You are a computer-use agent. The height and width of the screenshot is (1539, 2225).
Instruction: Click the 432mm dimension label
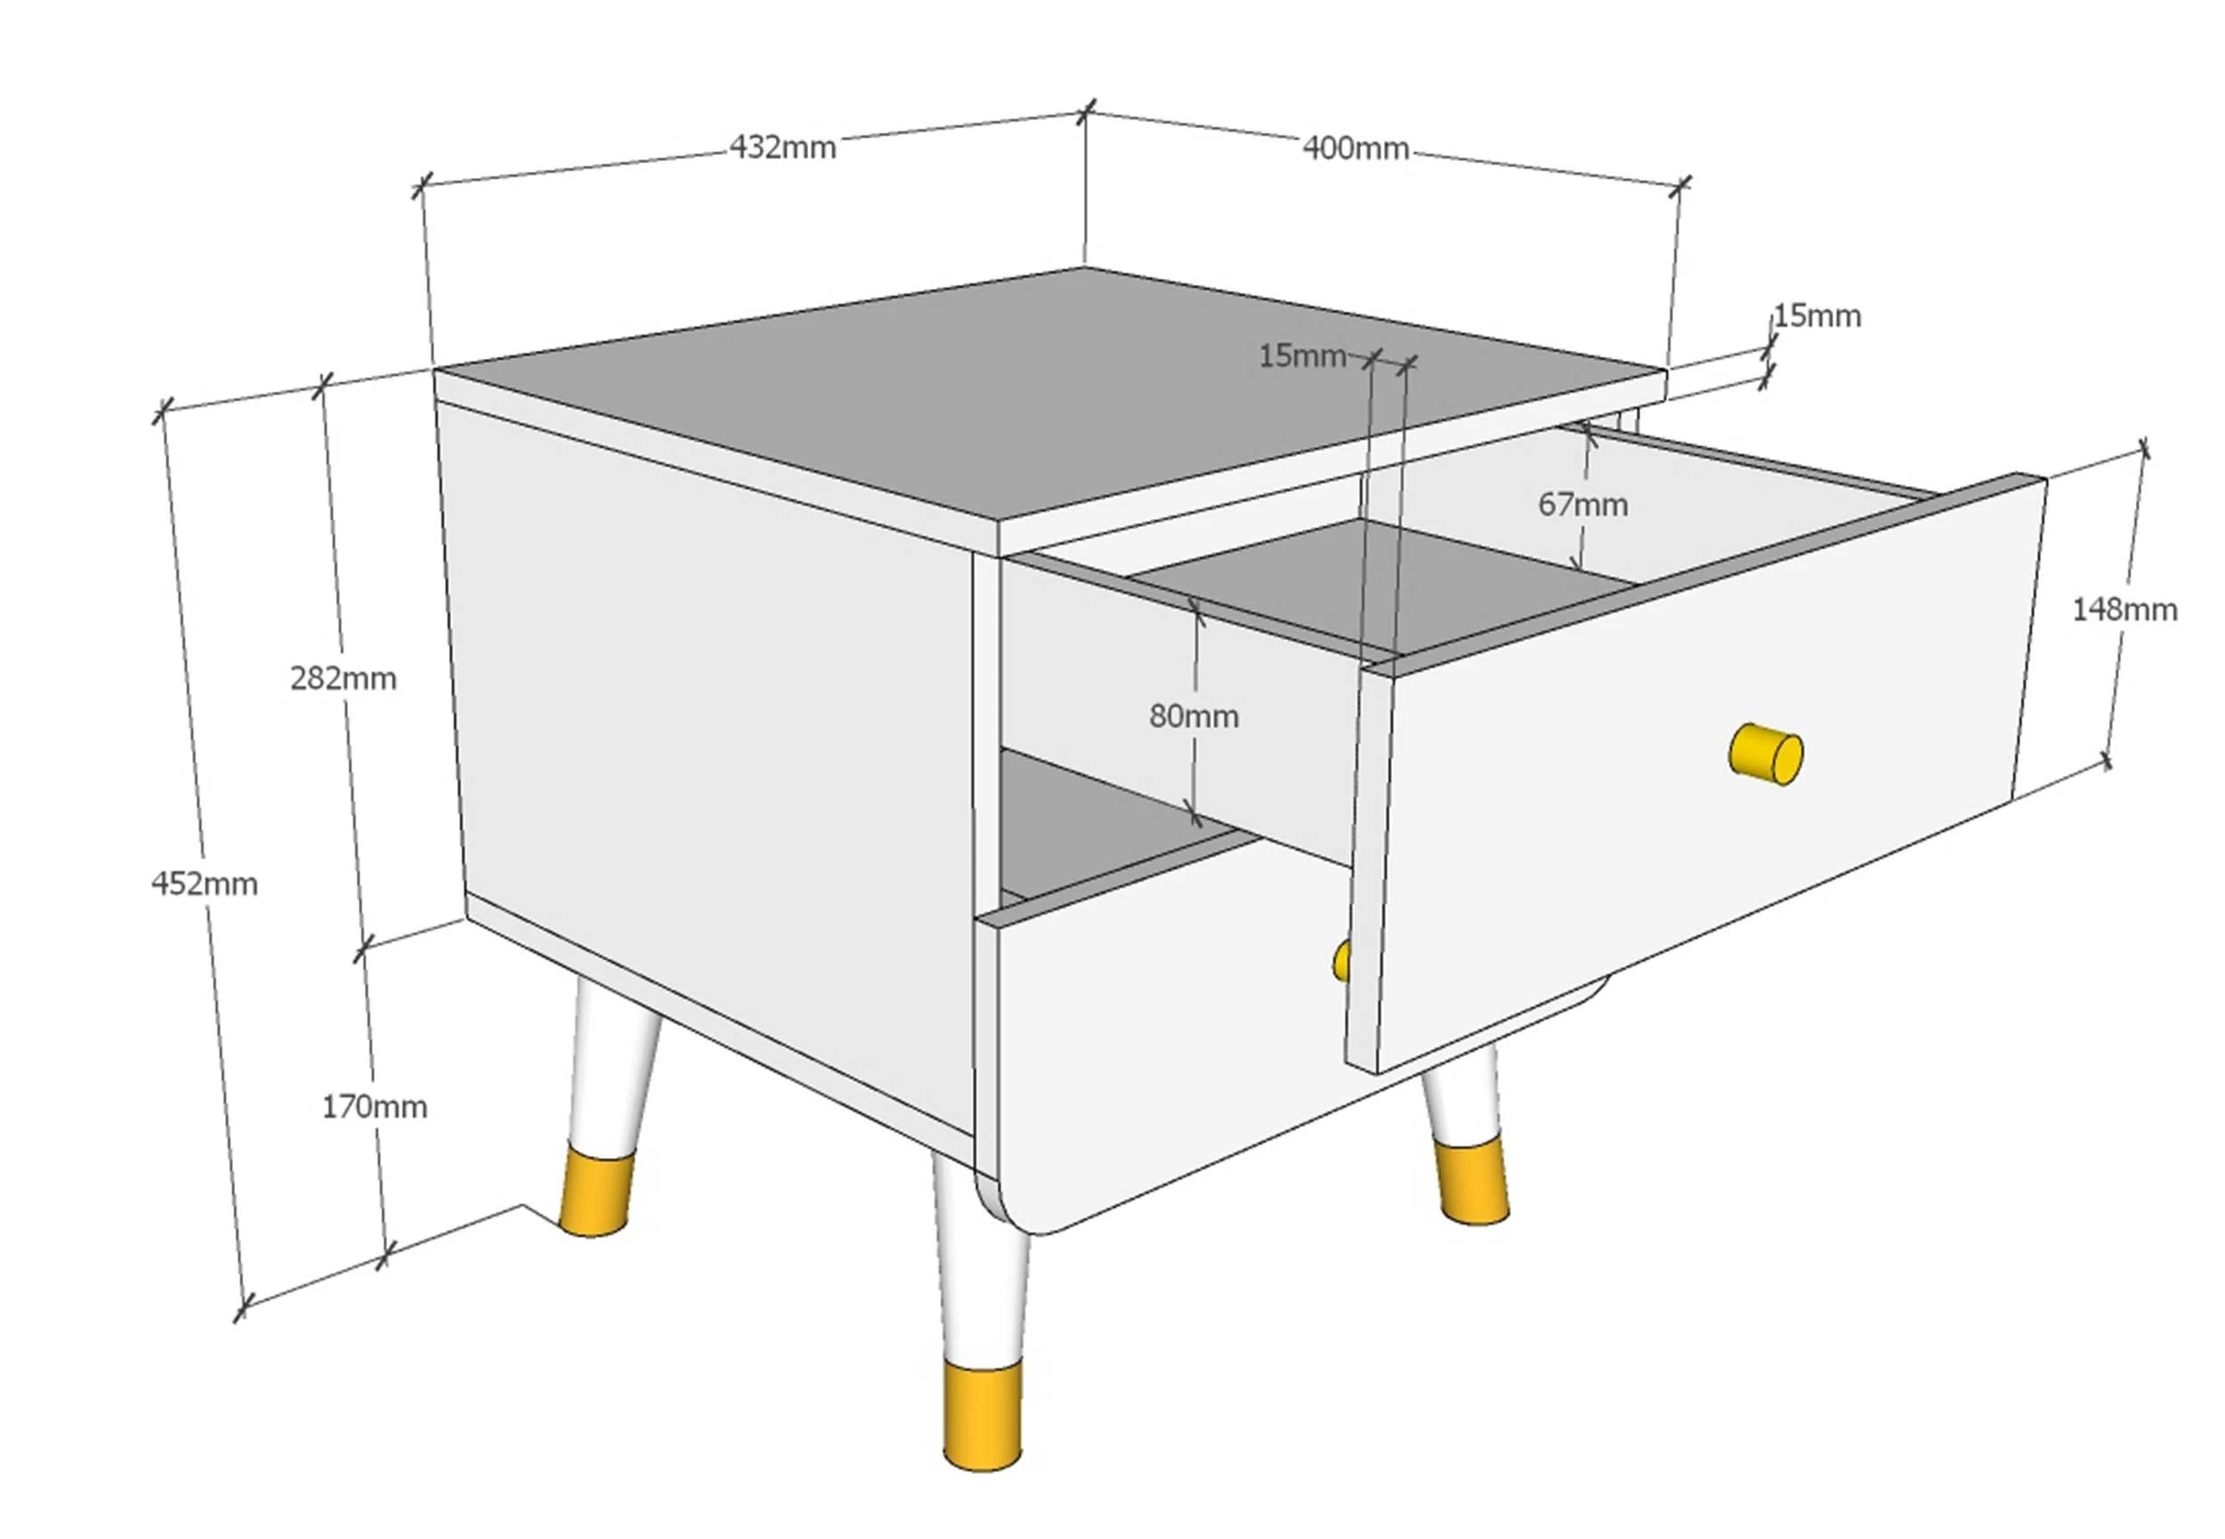tap(783, 148)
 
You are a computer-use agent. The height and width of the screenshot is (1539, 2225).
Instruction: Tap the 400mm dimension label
tap(1355, 148)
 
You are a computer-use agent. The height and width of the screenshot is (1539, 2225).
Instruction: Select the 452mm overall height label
tap(205, 883)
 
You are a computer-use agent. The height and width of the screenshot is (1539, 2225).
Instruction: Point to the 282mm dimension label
tap(344, 679)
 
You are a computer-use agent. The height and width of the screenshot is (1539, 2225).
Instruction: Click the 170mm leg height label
tap(374, 1106)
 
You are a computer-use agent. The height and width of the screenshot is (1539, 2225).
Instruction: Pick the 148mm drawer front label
tap(2124, 610)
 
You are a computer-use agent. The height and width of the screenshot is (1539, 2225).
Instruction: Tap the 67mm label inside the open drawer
tap(1583, 504)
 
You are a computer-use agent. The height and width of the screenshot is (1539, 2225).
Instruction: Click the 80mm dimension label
tap(1193, 716)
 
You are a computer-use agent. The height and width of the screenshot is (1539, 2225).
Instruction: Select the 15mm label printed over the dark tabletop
tap(1302, 356)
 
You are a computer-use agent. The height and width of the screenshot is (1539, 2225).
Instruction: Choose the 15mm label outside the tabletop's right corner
tap(1817, 315)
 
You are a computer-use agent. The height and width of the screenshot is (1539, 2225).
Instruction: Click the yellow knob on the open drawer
tap(1766, 753)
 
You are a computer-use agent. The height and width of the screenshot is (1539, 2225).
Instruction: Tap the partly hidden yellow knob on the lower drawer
tap(1341, 961)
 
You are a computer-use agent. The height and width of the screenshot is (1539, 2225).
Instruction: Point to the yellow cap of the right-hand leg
tap(1471, 1182)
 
